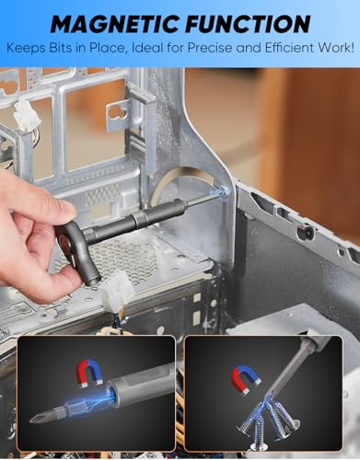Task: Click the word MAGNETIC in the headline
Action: [115, 24]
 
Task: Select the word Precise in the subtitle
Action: [209, 48]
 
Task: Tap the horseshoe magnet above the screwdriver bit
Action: [90, 374]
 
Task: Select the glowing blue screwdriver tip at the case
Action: [222, 192]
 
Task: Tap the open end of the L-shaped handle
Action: [93, 280]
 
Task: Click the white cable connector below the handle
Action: [118, 292]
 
